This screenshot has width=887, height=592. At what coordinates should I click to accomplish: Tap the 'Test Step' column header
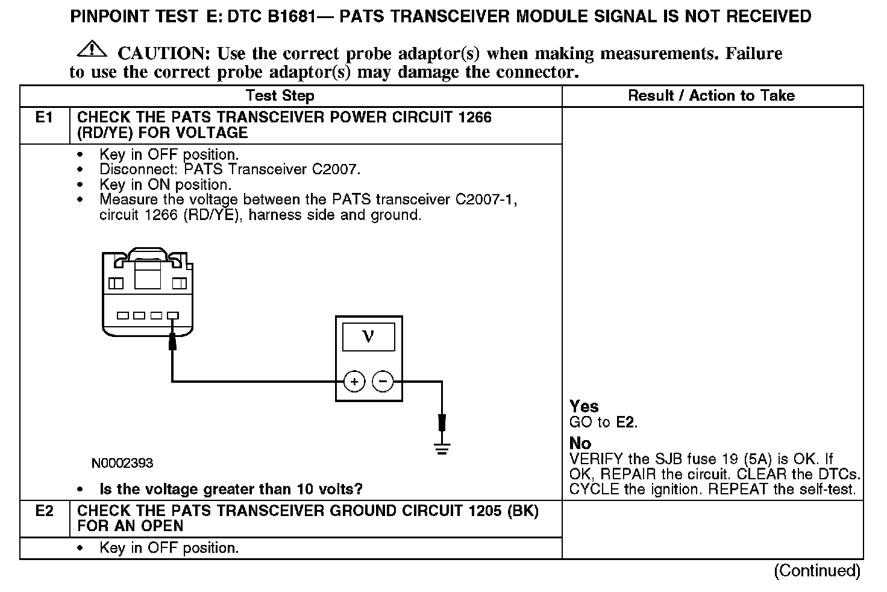coord(280,96)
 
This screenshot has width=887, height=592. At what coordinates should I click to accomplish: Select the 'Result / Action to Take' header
coord(711,95)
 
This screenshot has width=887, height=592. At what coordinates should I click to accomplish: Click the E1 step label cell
coord(45,117)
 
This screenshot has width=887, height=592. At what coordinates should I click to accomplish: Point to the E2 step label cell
coord(45,511)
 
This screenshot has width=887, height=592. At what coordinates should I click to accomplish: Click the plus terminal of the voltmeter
coord(354,382)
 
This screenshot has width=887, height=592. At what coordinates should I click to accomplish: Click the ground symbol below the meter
coord(442,448)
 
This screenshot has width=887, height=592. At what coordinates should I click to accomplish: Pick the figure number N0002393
coord(122,463)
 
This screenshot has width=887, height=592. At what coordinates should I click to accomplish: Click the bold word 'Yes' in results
coord(584,406)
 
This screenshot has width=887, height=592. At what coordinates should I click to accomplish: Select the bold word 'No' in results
coord(580,444)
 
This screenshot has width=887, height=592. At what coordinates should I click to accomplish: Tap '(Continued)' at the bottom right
coord(817,570)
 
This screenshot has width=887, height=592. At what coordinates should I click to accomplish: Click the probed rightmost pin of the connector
coord(174,315)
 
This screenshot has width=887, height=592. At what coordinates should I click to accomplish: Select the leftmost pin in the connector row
coord(124,315)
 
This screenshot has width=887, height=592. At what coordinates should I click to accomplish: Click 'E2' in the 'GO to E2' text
coord(626,422)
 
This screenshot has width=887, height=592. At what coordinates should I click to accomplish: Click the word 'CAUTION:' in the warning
coord(163,54)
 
